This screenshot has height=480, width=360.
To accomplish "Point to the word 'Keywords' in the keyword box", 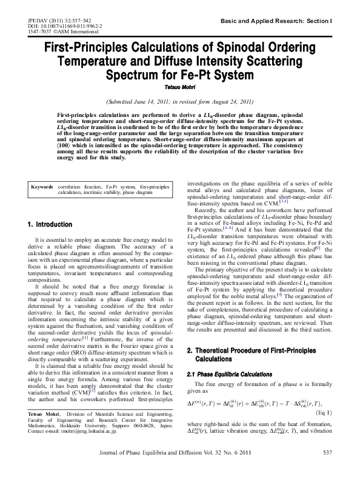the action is [x=43, y=187].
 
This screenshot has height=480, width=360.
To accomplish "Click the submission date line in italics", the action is [x=179, y=101].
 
